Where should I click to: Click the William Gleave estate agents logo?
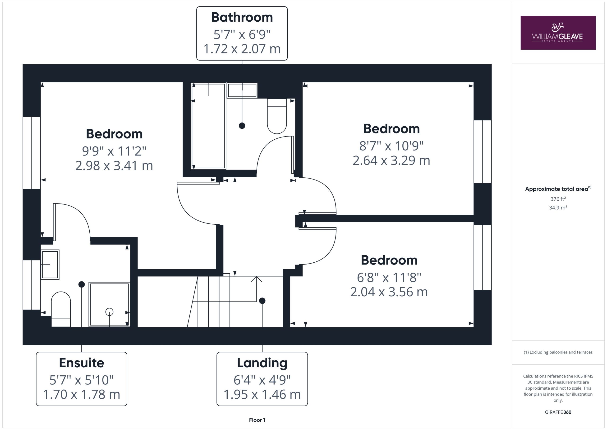pos(558,33)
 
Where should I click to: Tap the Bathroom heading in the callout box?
pos(242,18)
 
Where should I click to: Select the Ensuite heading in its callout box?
pos(81,363)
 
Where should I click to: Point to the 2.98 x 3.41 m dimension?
pos(114,166)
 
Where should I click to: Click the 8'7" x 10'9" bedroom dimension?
pos(391,146)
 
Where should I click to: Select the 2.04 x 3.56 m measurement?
pos(389,292)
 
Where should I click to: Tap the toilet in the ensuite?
pos(61,309)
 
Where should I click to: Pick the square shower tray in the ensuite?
pos(109,304)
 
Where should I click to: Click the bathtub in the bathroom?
pos(208,126)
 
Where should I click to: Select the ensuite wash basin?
pos(50,265)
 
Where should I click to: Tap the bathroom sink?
pos(242,90)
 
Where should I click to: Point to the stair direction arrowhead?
pos(256,279)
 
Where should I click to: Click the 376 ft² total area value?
pos(558,198)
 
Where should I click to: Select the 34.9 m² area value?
pos(558,207)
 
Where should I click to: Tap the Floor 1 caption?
pos(257,420)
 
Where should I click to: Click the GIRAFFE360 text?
pos(558,412)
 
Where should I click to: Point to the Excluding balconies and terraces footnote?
pos(558,352)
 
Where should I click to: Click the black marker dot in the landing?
pos(262,301)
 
